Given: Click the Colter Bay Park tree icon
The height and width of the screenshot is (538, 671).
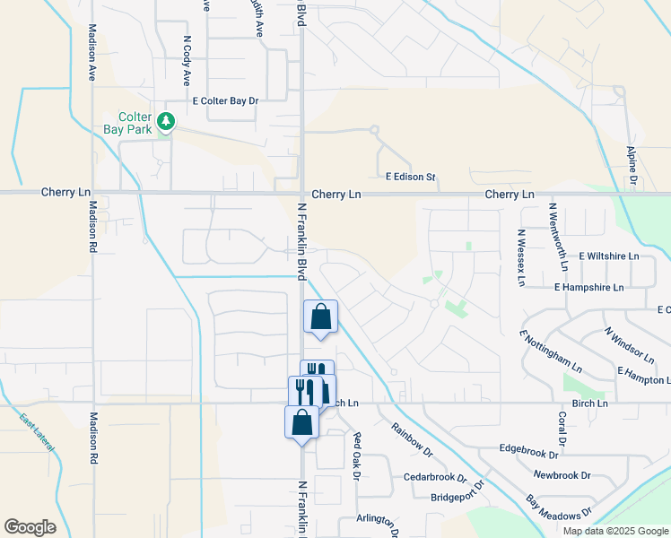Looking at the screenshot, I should (165, 121).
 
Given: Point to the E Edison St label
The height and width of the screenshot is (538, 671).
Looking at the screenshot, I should (410, 178).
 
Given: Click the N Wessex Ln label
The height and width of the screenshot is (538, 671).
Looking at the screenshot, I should (520, 257).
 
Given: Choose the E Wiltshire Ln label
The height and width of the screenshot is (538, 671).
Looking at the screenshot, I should (609, 256).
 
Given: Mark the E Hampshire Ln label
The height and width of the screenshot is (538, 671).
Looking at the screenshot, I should (588, 288).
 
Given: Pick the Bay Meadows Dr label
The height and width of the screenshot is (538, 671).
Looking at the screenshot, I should (560, 507).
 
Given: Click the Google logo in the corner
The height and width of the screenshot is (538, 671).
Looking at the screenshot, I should (30, 527).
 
